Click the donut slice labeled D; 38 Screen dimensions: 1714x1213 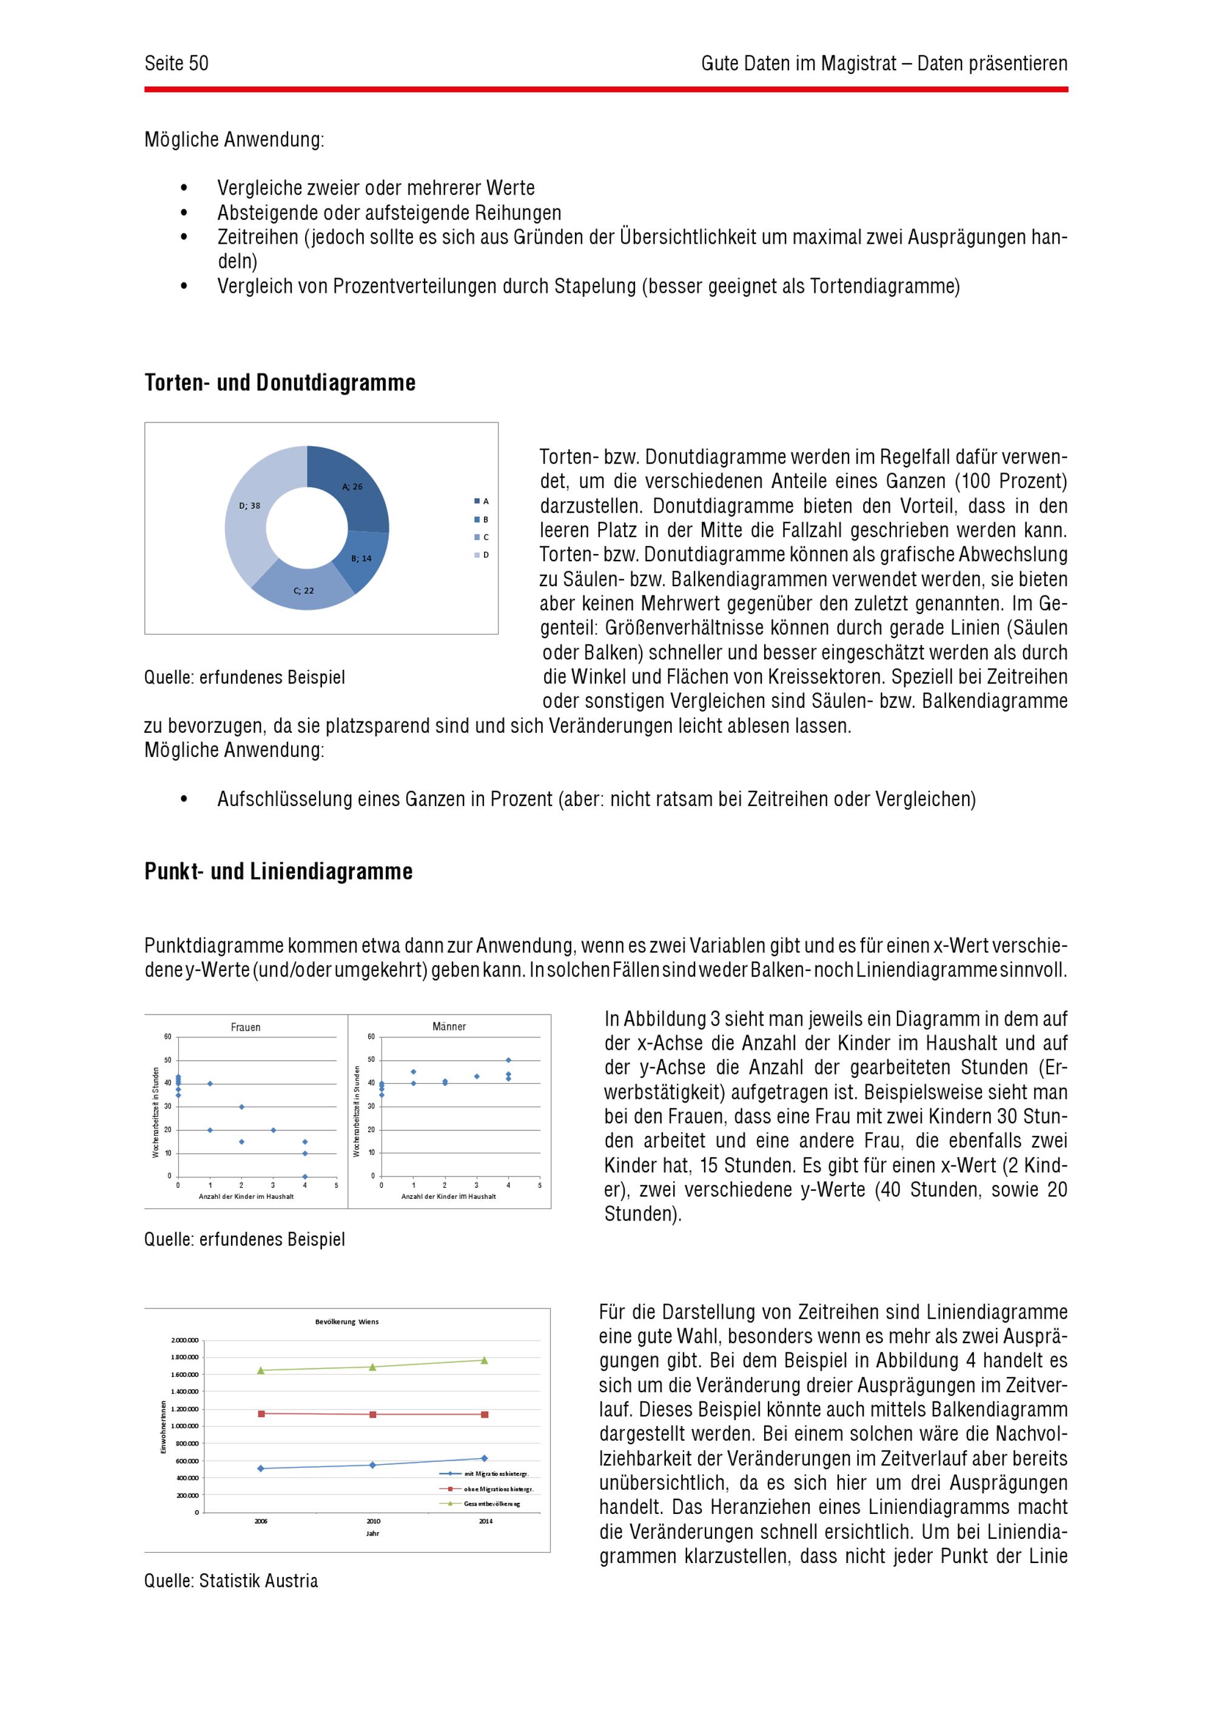250,515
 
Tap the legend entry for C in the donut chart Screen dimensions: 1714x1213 481,538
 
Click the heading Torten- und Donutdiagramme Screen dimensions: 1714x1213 280,383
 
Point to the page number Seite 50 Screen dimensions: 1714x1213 176,64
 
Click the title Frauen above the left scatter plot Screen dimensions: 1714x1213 246,1028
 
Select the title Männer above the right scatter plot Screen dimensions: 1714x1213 449,1027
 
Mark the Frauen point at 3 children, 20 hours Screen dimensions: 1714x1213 274,1130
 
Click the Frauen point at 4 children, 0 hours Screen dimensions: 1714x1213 304,1176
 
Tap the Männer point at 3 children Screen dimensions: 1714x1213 477,1076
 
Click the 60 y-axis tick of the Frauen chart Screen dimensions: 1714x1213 167,1037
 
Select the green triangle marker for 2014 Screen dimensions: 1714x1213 484,1360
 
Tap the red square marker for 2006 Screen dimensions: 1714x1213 261,1414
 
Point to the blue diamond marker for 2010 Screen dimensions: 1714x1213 373,1466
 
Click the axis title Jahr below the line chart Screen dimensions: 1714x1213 373,1533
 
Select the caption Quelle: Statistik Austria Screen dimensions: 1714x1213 231,1581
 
